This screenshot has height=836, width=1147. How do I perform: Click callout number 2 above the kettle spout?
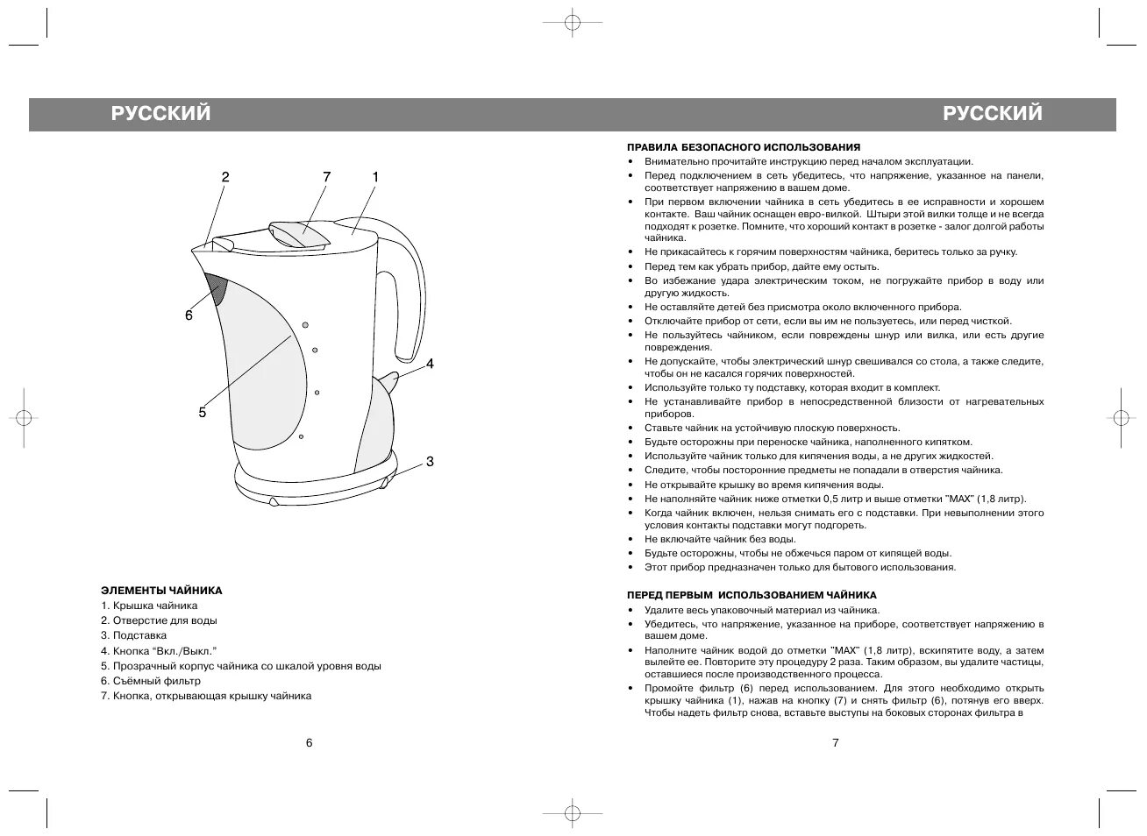click(225, 177)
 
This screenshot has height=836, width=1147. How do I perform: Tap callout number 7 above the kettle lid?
click(326, 177)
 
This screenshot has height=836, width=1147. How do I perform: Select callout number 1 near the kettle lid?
click(375, 177)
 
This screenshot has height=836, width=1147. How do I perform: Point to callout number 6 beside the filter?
click(189, 315)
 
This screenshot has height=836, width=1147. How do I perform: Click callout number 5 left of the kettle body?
click(202, 412)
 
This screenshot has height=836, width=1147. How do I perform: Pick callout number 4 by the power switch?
click(430, 363)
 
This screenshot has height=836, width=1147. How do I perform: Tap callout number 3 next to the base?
click(430, 461)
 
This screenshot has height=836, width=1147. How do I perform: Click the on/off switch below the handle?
click(390, 379)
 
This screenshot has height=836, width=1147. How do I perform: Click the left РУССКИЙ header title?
click(160, 114)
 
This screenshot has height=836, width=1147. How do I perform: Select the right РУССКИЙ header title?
click(993, 114)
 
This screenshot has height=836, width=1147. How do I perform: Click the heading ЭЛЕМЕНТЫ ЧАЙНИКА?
click(161, 591)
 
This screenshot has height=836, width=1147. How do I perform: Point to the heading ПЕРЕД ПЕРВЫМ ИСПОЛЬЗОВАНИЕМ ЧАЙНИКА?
click(752, 595)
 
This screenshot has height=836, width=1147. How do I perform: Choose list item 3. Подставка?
click(133, 635)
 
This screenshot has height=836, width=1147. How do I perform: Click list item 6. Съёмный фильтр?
click(150, 681)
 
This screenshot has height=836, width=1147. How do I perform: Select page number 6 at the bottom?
click(309, 743)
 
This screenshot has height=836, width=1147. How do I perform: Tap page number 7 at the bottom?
click(836, 743)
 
